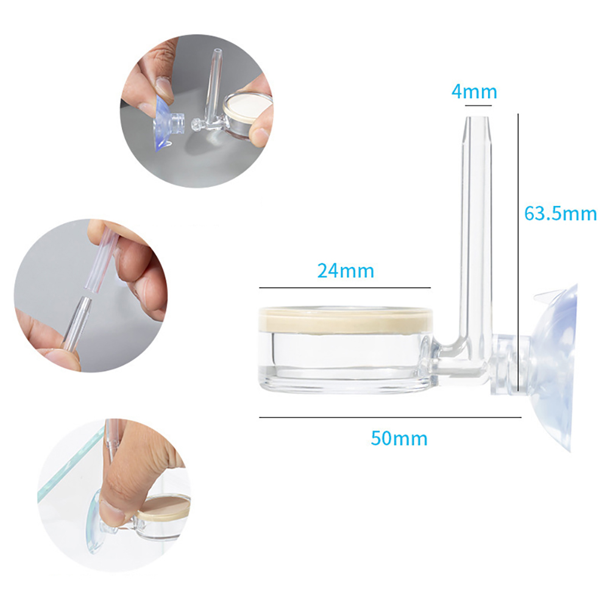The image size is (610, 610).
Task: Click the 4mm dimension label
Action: click(x=474, y=92)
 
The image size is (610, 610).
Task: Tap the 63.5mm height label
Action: click(x=560, y=213)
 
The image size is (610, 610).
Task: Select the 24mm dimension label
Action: click(x=346, y=271)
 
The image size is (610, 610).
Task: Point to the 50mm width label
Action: click(x=399, y=438)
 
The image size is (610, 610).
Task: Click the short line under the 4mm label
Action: click(x=478, y=105)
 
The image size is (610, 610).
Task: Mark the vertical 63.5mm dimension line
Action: click(x=518, y=252)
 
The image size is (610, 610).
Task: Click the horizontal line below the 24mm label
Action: click(x=345, y=288)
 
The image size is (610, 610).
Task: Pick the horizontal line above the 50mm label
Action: click(x=390, y=417)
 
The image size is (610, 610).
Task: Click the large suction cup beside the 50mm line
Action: click(x=555, y=367)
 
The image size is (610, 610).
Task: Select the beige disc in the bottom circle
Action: click(x=163, y=508)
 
